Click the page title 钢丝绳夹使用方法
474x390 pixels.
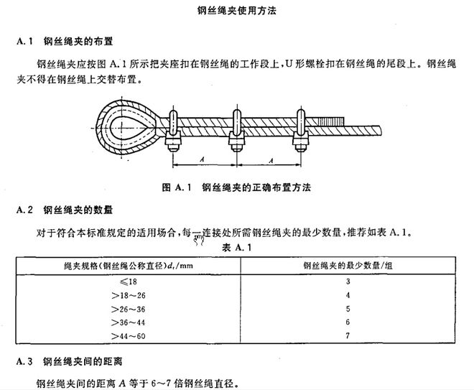coord(237,11)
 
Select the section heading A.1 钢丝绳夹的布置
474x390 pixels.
coord(65,41)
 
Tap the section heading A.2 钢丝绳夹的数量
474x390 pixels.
coord(65,210)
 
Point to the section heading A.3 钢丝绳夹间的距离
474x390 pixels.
coord(70,361)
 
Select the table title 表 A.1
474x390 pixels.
coord(237,248)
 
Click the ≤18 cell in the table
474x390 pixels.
coord(128,282)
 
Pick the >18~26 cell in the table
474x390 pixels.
coord(128,295)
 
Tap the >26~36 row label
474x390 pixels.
coord(128,309)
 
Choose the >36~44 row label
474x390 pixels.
coord(128,322)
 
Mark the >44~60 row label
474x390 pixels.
coord(128,336)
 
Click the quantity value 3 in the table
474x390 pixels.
coord(348,282)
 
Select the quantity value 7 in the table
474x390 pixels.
coord(348,335)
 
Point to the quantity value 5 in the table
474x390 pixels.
coord(348,309)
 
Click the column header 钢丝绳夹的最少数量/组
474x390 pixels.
coord(348,266)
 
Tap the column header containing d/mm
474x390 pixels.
coord(129,266)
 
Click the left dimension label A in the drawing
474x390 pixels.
coord(202,159)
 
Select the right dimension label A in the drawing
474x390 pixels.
coord(271,160)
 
